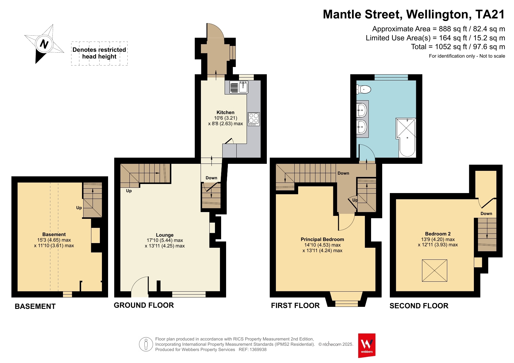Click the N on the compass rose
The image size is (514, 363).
coord(44,44)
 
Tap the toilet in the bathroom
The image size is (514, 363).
coord(364,89)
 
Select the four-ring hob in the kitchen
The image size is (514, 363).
coord(254,119)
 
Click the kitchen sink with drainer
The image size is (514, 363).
coord(239,87)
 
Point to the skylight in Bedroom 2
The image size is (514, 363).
coord(434,271)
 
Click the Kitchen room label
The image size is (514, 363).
coord(225,112)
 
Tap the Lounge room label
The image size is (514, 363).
coord(165,235)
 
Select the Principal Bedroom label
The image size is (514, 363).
coord(322,239)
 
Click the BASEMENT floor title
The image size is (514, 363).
coord(35,306)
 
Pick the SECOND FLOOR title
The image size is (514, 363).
coord(419,306)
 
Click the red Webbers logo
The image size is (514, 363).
coord(367,345)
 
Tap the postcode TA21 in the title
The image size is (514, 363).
coord(490,14)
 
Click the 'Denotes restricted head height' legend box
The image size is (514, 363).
coord(99,53)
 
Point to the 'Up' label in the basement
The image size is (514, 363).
coord(79,208)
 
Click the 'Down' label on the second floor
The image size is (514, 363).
coord(486,214)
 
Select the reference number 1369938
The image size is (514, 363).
coord(258,350)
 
